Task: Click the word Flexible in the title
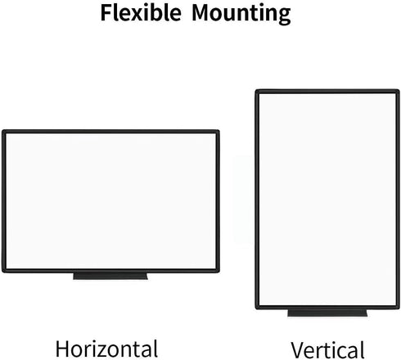click(141, 12)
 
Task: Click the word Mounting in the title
click(241, 14)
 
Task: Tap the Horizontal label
click(106, 349)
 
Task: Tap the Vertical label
click(327, 349)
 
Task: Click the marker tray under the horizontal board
click(110, 276)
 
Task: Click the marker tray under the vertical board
click(327, 313)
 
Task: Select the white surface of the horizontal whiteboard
click(110, 201)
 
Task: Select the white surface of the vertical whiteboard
click(327, 200)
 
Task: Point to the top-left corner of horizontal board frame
click(2, 130)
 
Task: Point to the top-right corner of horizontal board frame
click(219, 130)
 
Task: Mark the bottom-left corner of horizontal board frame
click(2, 272)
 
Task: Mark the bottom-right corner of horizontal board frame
click(219, 272)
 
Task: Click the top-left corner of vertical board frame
click(255, 90)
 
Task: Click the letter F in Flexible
click(106, 13)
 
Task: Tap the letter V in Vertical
click(298, 350)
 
